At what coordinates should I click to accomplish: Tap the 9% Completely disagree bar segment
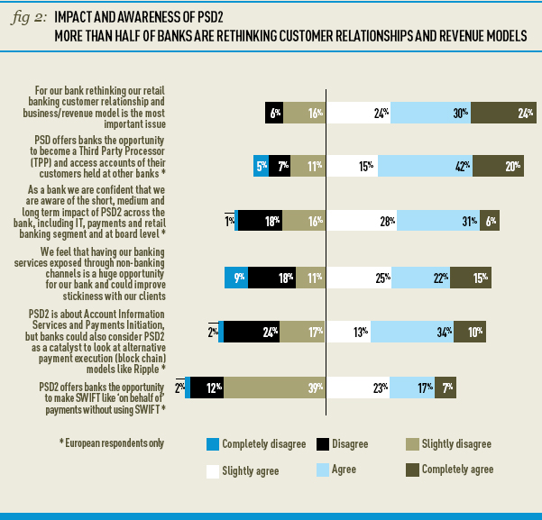pyautogui.click(x=236, y=278)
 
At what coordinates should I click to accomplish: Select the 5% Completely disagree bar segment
pyautogui.click(x=262, y=166)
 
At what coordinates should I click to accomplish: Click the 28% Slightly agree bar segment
pyautogui.click(x=362, y=222)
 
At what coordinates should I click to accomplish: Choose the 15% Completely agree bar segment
pyautogui.click(x=472, y=278)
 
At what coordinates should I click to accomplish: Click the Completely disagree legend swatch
pyautogui.click(x=213, y=443)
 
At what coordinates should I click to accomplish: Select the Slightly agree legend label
pyautogui.click(x=252, y=470)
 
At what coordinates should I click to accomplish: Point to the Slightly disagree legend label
pyautogui.click(x=456, y=443)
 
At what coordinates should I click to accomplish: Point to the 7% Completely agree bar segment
pyautogui.click(x=446, y=388)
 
